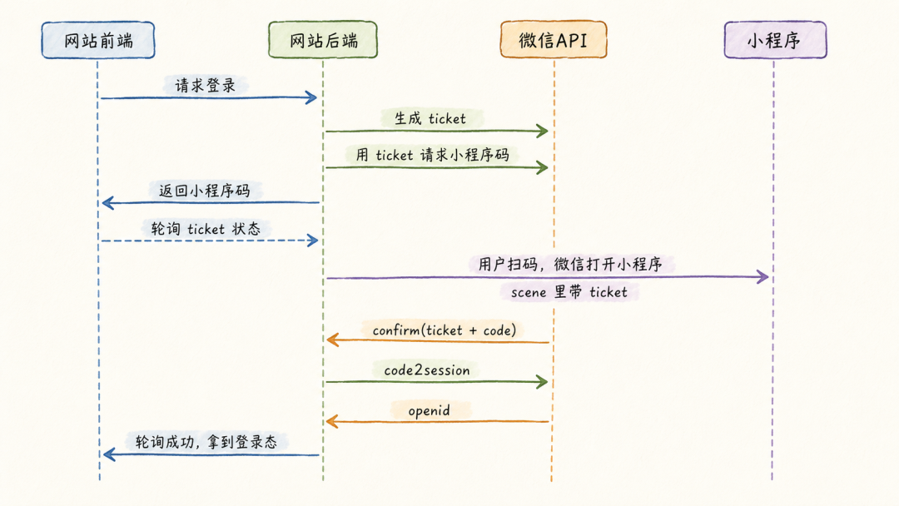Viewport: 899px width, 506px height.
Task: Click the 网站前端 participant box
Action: click(x=98, y=40)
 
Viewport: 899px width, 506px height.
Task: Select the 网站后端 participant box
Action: click(x=323, y=40)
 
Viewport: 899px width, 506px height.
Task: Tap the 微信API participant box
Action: click(x=554, y=40)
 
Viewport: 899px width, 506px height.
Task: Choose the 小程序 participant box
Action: click(x=775, y=40)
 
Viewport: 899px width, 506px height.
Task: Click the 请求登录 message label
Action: click(x=206, y=86)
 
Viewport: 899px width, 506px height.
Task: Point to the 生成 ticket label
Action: click(x=430, y=119)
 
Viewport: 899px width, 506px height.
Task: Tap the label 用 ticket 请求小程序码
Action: click(x=432, y=155)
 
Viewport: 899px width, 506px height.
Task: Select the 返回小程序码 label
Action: click(x=204, y=191)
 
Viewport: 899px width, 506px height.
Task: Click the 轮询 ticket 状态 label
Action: click(x=206, y=229)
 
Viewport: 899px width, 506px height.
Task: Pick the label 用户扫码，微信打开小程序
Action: click(x=570, y=264)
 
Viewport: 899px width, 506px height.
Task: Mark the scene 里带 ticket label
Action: click(x=569, y=292)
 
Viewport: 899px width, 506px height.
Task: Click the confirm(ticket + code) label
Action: click(x=445, y=330)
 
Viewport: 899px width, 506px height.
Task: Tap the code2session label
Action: click(x=426, y=370)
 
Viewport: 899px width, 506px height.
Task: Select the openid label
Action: click(x=429, y=410)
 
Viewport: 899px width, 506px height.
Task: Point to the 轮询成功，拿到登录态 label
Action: click(x=206, y=441)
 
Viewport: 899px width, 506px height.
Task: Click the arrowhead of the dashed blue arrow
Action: click(x=313, y=241)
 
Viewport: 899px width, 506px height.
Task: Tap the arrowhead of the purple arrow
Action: click(x=763, y=277)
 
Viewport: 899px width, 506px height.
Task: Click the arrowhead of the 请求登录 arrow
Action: click(x=312, y=97)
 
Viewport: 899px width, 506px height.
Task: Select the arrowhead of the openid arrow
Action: click(x=332, y=422)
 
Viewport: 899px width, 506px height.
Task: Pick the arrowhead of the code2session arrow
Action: click(x=543, y=382)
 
